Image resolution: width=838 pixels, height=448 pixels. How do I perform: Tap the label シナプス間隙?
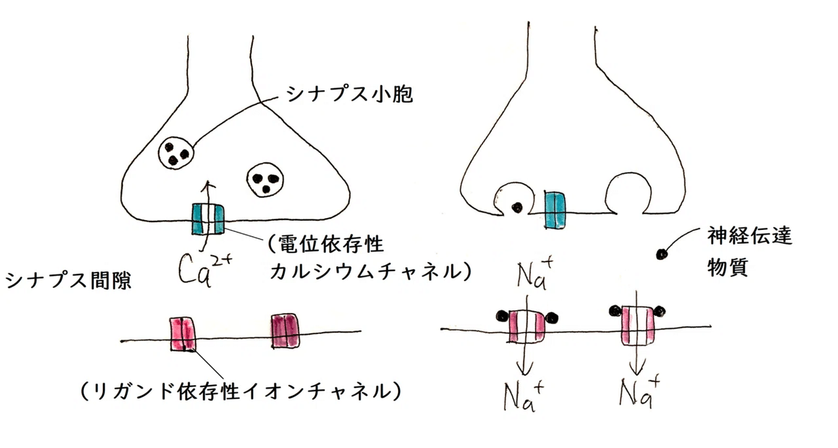(68, 280)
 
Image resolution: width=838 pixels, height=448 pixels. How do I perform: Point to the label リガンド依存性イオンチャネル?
(242, 392)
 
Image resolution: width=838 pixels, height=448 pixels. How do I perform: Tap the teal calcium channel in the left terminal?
(208, 218)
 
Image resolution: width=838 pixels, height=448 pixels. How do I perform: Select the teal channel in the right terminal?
(557, 209)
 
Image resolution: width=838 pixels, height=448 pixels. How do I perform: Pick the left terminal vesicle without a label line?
(265, 181)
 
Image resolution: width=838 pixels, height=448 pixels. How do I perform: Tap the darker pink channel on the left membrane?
(285, 330)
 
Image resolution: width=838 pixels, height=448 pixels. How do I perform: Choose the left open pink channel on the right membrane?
(526, 324)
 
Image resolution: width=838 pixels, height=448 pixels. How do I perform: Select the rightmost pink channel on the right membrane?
(638, 325)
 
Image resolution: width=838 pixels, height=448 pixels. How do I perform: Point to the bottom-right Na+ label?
(640, 393)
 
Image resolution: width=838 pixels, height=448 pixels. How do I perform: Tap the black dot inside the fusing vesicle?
(517, 207)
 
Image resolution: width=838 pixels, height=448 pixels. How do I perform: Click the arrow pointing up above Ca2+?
(205, 192)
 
